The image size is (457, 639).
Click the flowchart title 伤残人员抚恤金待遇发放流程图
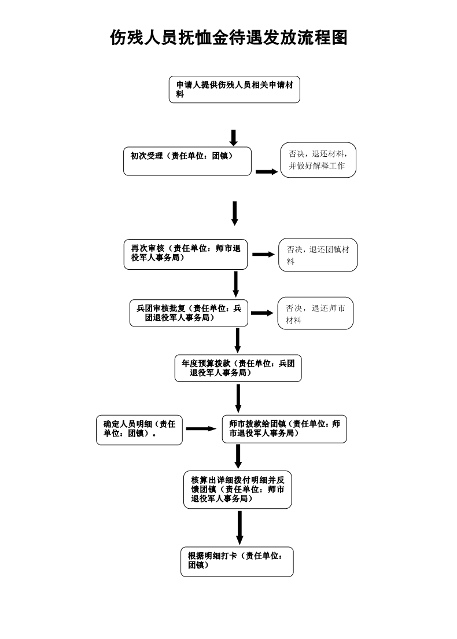click(x=228, y=38)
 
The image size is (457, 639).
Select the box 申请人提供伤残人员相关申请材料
click(x=234, y=90)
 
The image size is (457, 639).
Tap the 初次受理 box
click(x=187, y=161)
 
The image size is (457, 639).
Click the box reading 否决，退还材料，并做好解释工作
click(x=318, y=160)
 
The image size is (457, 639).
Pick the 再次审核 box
click(x=186, y=254)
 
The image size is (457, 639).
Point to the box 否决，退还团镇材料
click(x=318, y=255)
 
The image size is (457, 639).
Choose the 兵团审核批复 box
click(x=189, y=313)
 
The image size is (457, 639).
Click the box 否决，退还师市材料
click(x=315, y=313)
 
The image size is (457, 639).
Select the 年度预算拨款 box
click(x=238, y=368)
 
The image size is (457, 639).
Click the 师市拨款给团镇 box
click(x=284, y=428)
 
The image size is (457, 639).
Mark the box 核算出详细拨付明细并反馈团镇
click(x=238, y=489)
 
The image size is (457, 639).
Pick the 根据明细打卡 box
click(x=237, y=561)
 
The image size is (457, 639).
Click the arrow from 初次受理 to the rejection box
click(x=267, y=171)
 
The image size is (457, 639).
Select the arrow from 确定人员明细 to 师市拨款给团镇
click(x=200, y=429)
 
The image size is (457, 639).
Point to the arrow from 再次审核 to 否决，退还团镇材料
click(x=263, y=254)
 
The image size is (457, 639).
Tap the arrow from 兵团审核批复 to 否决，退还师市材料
click(x=261, y=313)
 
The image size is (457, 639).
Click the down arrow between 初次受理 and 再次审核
click(x=235, y=213)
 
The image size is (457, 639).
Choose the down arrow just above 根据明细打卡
click(x=239, y=527)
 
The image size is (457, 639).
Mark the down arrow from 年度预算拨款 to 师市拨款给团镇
click(x=238, y=398)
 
